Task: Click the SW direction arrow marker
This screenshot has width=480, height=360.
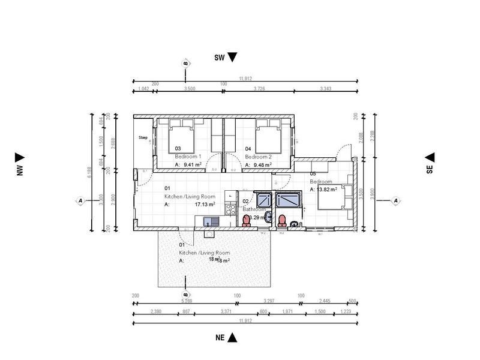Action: [233, 58]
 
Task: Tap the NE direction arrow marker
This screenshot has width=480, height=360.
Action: [233, 338]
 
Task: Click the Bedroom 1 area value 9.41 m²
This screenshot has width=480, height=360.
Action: [193, 164]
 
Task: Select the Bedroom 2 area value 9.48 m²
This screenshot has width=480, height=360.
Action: [262, 164]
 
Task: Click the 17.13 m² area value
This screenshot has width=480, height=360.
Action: [205, 204]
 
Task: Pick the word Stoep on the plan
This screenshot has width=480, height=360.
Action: [143, 137]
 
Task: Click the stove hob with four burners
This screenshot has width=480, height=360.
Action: [230, 209]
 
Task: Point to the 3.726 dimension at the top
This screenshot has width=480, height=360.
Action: [259, 89]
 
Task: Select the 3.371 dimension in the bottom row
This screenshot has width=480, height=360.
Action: [226, 312]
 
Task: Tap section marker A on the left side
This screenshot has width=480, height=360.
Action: [80, 200]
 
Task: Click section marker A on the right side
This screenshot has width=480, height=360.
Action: [395, 200]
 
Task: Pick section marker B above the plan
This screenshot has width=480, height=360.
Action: [185, 63]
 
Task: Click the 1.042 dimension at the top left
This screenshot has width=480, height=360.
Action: [143, 89]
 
